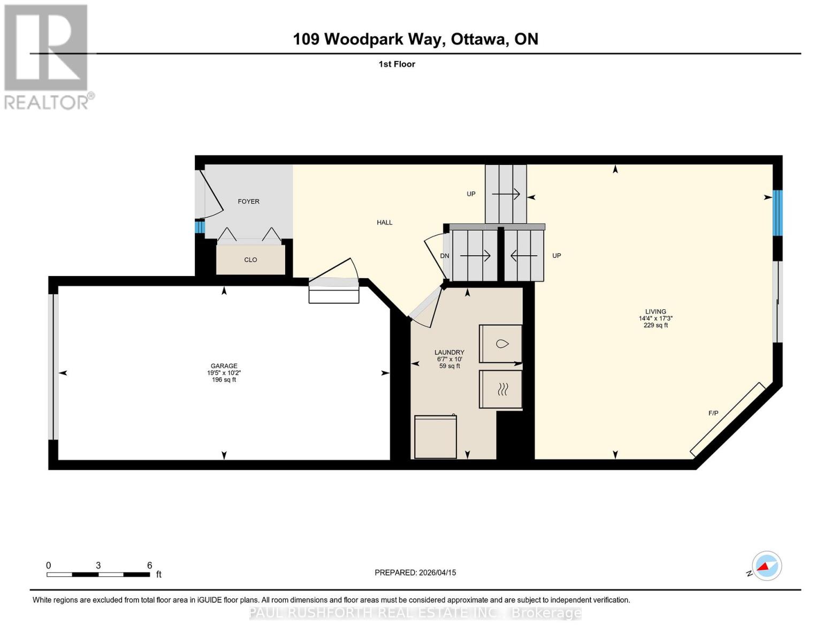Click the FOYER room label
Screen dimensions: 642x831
[x=248, y=202]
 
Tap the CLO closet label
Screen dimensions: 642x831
[x=250, y=260]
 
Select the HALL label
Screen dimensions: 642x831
[x=384, y=223]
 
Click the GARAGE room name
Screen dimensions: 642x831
[x=224, y=366]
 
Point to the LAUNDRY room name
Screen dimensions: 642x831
[x=449, y=353]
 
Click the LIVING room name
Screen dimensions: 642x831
[x=655, y=311]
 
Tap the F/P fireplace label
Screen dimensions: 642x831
[x=713, y=414]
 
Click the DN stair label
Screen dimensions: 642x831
[x=444, y=256]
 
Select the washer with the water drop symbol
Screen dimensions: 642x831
[x=501, y=343]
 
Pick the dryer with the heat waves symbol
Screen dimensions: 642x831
[x=501, y=389]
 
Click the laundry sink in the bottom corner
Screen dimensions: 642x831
[x=435, y=437]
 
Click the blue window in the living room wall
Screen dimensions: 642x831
[x=777, y=213]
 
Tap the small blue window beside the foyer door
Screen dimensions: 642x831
[x=200, y=227]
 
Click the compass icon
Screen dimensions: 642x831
[x=766, y=566]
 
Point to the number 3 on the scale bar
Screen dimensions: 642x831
[x=98, y=565]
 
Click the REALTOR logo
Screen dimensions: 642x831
[x=47, y=57]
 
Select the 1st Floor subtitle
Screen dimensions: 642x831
[x=397, y=64]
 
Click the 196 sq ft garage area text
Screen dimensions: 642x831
[x=224, y=380]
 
